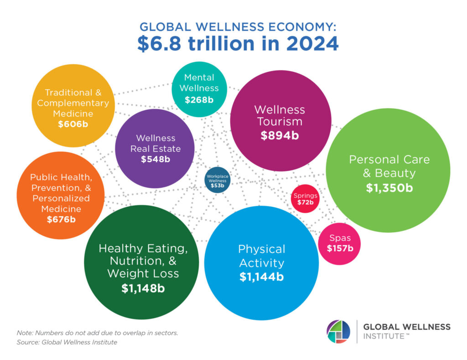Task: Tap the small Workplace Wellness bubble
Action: [218, 180]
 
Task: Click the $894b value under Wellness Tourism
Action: [280, 135]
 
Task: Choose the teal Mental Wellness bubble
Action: [199, 89]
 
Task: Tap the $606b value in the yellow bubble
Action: [73, 123]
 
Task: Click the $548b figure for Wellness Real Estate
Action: [155, 159]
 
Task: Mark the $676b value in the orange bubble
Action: [61, 219]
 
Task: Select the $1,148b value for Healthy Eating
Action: [143, 288]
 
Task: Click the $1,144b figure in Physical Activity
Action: [261, 277]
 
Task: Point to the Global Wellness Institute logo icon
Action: [338, 331]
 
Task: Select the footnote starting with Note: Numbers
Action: [97, 333]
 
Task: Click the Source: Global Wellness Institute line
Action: [67, 342]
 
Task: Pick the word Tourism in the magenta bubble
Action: [280, 122]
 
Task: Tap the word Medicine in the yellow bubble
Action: [73, 113]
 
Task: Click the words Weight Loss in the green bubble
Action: [143, 273]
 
